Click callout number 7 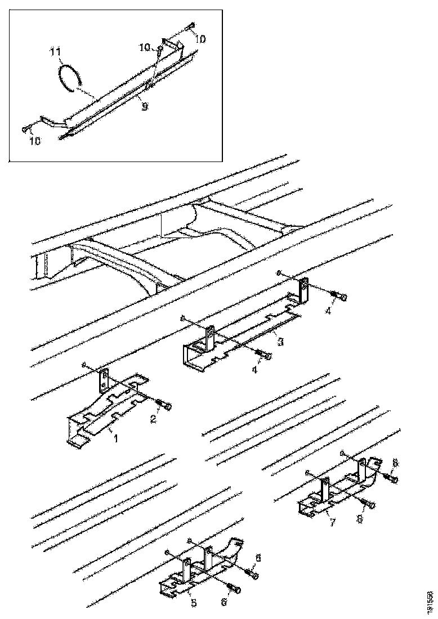[x=332, y=523]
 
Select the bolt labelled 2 [x=165, y=406]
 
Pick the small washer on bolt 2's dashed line [x=84, y=365]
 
